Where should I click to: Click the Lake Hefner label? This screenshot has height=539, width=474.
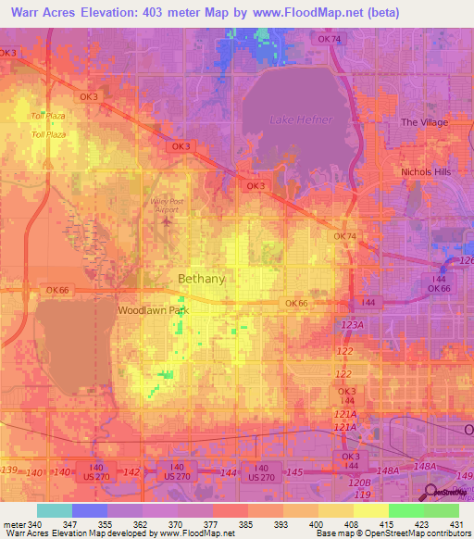click(293, 119)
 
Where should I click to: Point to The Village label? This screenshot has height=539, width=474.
click(424, 122)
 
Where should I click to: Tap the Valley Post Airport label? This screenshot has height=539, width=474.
click(165, 206)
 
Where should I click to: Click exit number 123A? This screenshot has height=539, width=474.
click(353, 326)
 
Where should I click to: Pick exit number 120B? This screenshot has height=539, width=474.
click(359, 483)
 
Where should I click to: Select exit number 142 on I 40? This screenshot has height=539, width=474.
click(131, 472)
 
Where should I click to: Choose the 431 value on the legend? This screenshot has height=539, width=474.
click(445, 523)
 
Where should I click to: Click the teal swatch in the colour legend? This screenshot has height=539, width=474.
click(54, 510)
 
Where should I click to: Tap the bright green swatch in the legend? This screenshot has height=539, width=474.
click(405, 510)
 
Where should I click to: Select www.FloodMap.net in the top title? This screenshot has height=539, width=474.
click(320, 14)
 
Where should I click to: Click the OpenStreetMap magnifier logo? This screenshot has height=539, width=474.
click(431, 493)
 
